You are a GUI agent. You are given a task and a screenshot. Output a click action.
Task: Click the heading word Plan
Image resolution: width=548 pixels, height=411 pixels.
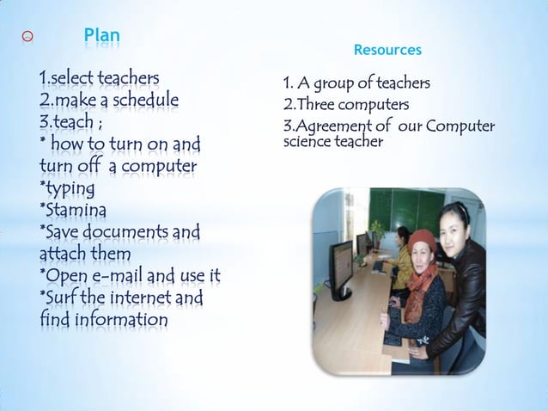click(102, 37)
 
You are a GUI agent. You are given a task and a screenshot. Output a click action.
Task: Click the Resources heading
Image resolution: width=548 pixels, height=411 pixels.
click(387, 51)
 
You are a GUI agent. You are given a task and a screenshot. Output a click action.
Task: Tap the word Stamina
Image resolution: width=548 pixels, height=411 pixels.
click(76, 209)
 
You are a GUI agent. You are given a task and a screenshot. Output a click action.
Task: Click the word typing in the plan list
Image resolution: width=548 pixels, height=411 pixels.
click(70, 187)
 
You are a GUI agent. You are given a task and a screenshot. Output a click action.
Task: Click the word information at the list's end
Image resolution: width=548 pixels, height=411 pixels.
click(117, 321)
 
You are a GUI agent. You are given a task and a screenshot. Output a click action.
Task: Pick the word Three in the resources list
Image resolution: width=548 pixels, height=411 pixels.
click(314, 106)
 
